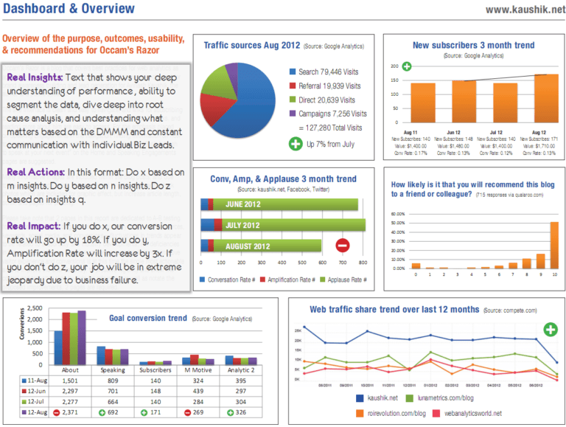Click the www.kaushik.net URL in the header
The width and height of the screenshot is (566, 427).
(x=521, y=10)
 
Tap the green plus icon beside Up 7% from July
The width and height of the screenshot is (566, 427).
(x=294, y=144)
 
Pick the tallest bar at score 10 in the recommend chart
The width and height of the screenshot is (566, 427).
(x=554, y=244)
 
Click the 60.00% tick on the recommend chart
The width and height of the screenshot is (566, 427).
(x=396, y=215)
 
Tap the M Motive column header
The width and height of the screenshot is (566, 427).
(x=200, y=370)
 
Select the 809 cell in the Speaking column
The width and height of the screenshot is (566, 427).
(x=113, y=381)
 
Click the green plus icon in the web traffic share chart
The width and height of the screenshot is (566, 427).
(x=550, y=329)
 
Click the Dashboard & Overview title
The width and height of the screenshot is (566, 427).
(x=69, y=10)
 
